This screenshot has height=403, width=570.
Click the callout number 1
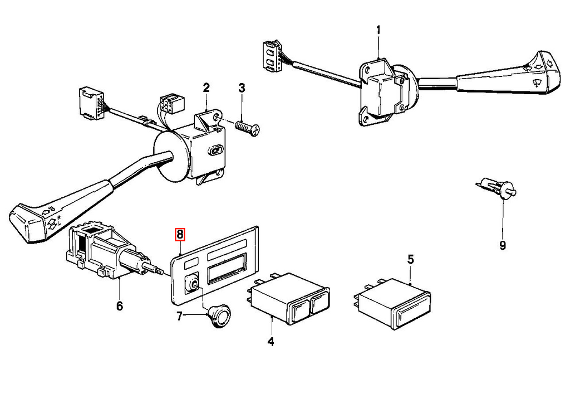(378, 30)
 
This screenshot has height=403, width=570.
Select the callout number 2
(206, 88)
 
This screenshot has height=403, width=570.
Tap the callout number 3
(242, 88)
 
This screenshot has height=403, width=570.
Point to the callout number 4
(271, 342)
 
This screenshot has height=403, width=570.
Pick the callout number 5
(410, 260)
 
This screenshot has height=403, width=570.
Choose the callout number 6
(120, 306)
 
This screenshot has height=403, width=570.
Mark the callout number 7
(179, 317)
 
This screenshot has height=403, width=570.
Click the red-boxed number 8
(180, 235)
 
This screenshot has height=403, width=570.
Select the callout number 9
(503, 246)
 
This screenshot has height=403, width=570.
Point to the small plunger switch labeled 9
(497, 187)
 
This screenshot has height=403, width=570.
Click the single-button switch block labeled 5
(392, 304)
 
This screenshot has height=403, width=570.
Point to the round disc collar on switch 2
(170, 156)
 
